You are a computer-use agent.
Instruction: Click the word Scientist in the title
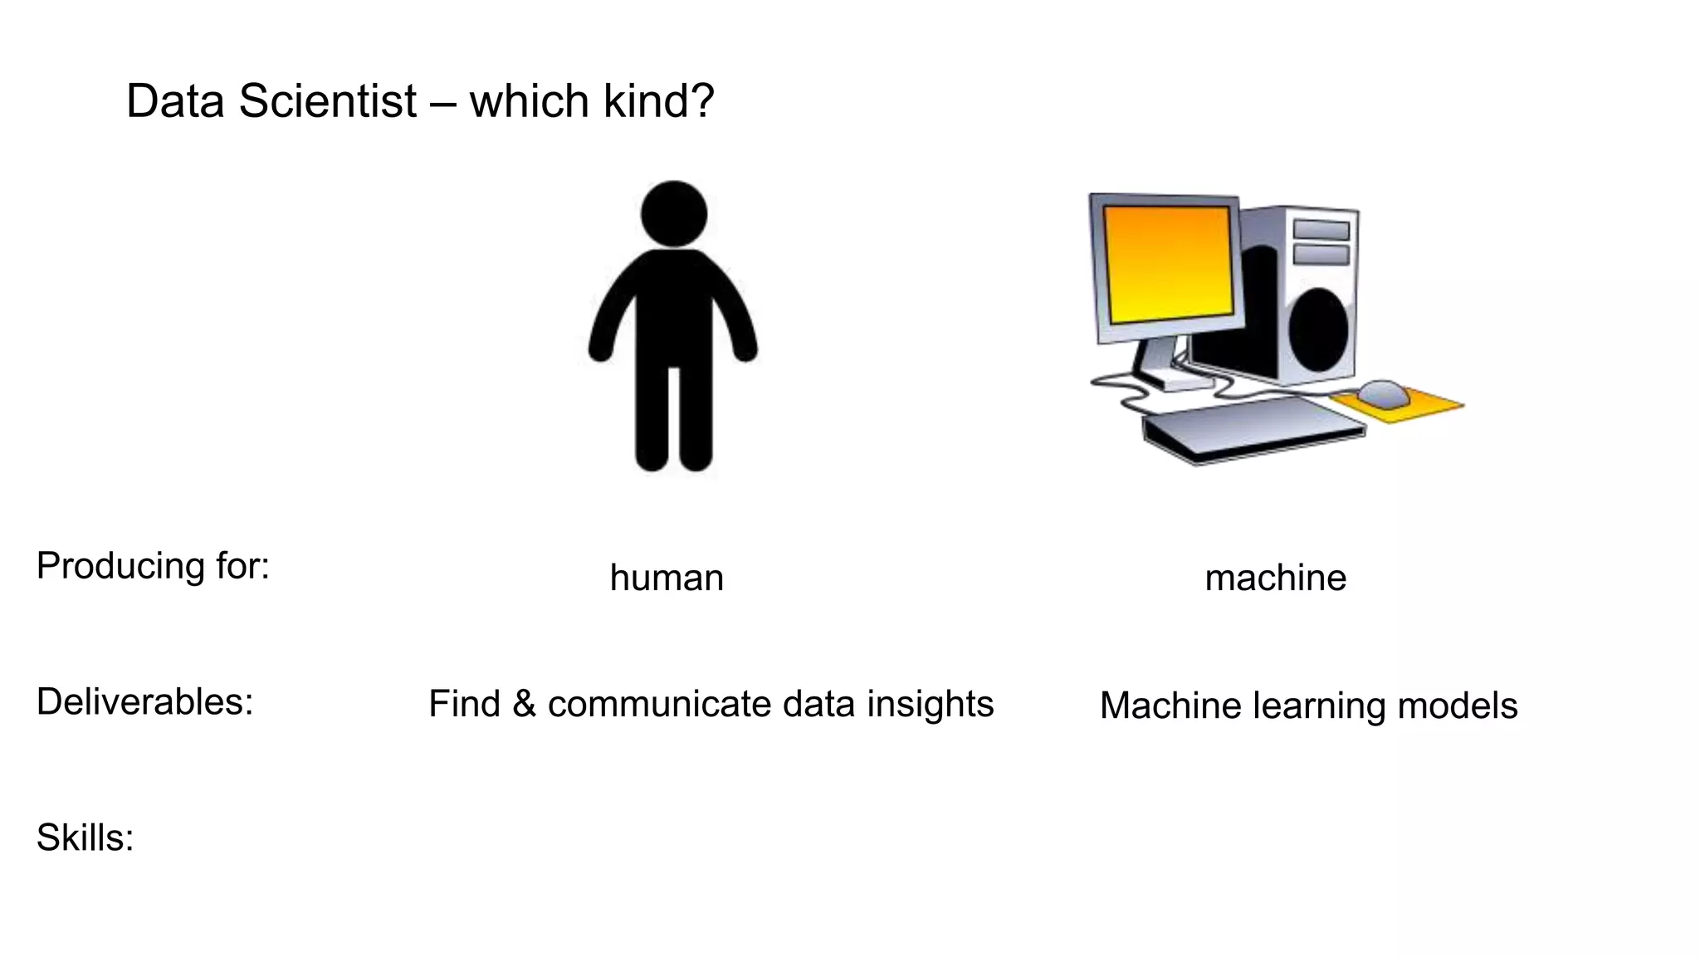pos(327,101)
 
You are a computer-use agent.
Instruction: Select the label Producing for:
pos(153,566)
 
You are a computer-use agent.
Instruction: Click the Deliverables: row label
pos(144,702)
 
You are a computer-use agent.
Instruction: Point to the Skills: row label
pos(85,837)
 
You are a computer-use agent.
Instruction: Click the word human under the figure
pos(667,578)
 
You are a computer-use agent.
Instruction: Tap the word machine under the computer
pos(1275,578)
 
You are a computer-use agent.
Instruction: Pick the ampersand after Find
pos(524,705)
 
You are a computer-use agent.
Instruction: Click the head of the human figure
pos(674,213)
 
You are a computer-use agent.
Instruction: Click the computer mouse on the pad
pos(1383,393)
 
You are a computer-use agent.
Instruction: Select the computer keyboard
pos(1253,427)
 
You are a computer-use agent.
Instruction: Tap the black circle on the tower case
pos(1317,329)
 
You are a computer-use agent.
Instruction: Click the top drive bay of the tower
pos(1321,229)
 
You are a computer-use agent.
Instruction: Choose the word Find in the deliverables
pos(464,705)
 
